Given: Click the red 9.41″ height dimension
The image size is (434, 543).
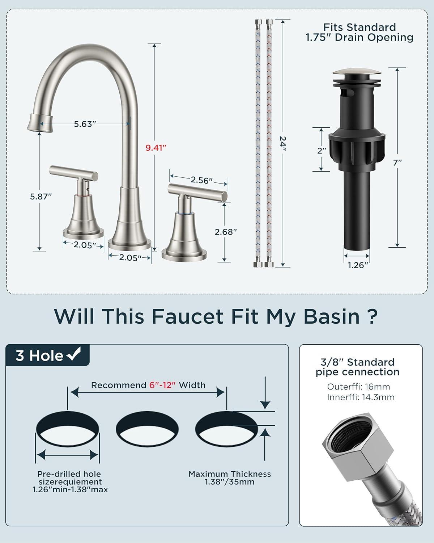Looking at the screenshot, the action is click(156, 148).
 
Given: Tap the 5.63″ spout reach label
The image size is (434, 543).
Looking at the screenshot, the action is click(85, 124).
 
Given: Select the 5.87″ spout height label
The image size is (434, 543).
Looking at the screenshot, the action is click(41, 196).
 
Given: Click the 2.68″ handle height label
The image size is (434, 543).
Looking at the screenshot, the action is click(226, 232).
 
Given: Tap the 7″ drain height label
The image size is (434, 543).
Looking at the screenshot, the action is click(397, 163).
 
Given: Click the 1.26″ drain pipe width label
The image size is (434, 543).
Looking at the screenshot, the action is click(358, 265).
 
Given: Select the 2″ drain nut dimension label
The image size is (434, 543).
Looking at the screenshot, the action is click(322, 151).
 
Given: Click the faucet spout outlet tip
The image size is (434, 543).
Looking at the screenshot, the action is click(41, 124).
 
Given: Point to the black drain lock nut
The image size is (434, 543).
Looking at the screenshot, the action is click(357, 148).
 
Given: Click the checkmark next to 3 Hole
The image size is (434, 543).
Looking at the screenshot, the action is click(74, 354).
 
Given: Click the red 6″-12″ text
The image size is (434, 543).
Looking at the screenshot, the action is click(162, 385).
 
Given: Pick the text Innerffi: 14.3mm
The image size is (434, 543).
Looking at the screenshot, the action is click(361, 397).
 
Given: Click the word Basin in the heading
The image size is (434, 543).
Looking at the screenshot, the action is click(331, 316).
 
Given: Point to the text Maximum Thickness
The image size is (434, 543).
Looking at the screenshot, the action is click(230, 474).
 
